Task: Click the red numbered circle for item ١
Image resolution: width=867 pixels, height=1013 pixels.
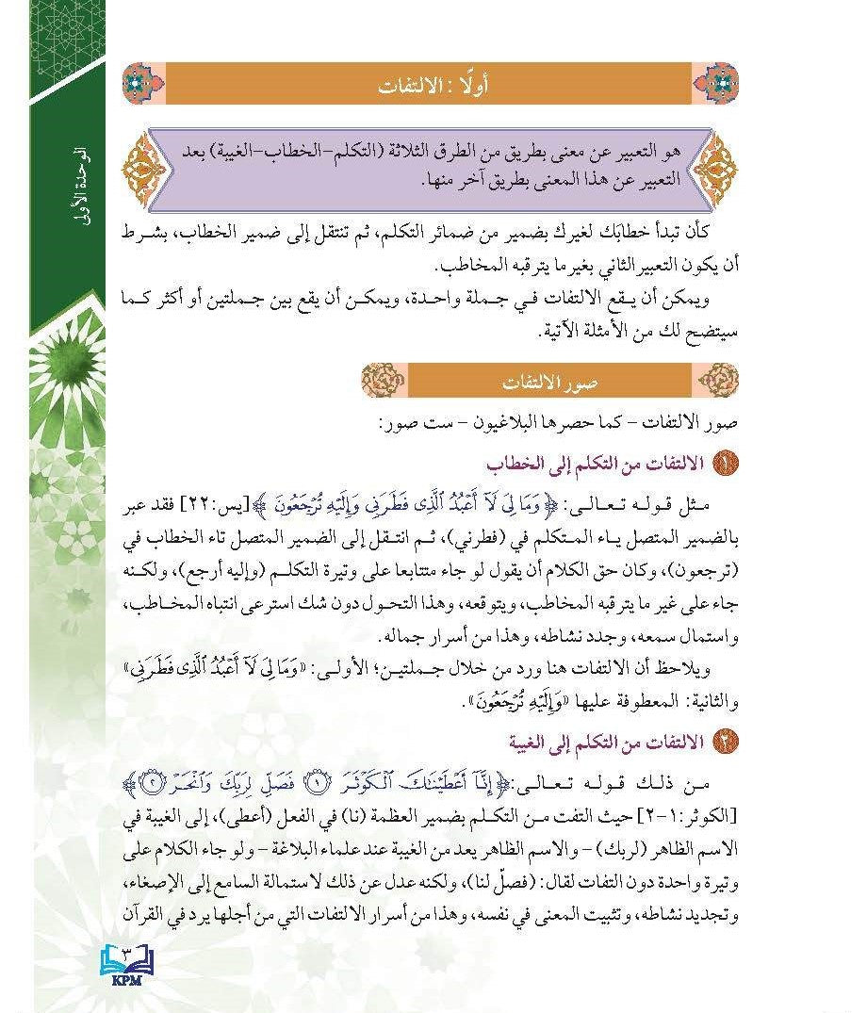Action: click(x=728, y=465)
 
